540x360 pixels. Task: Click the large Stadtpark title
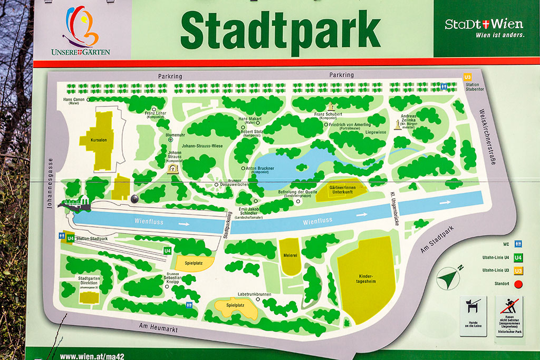coord(280,30)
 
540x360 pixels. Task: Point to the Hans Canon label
coord(74,100)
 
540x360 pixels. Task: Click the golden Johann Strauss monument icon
coord(172,169)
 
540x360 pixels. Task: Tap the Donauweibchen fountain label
coord(235,184)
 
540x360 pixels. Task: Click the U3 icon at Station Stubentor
coord(467,77)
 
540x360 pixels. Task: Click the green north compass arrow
coord(449,277)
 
